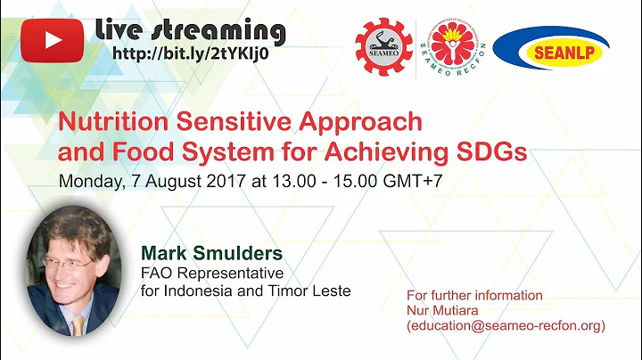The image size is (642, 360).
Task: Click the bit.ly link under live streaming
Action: click(x=191, y=53)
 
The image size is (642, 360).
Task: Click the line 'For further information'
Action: click(x=473, y=295)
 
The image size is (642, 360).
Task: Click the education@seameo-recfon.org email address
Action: click(x=505, y=326)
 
